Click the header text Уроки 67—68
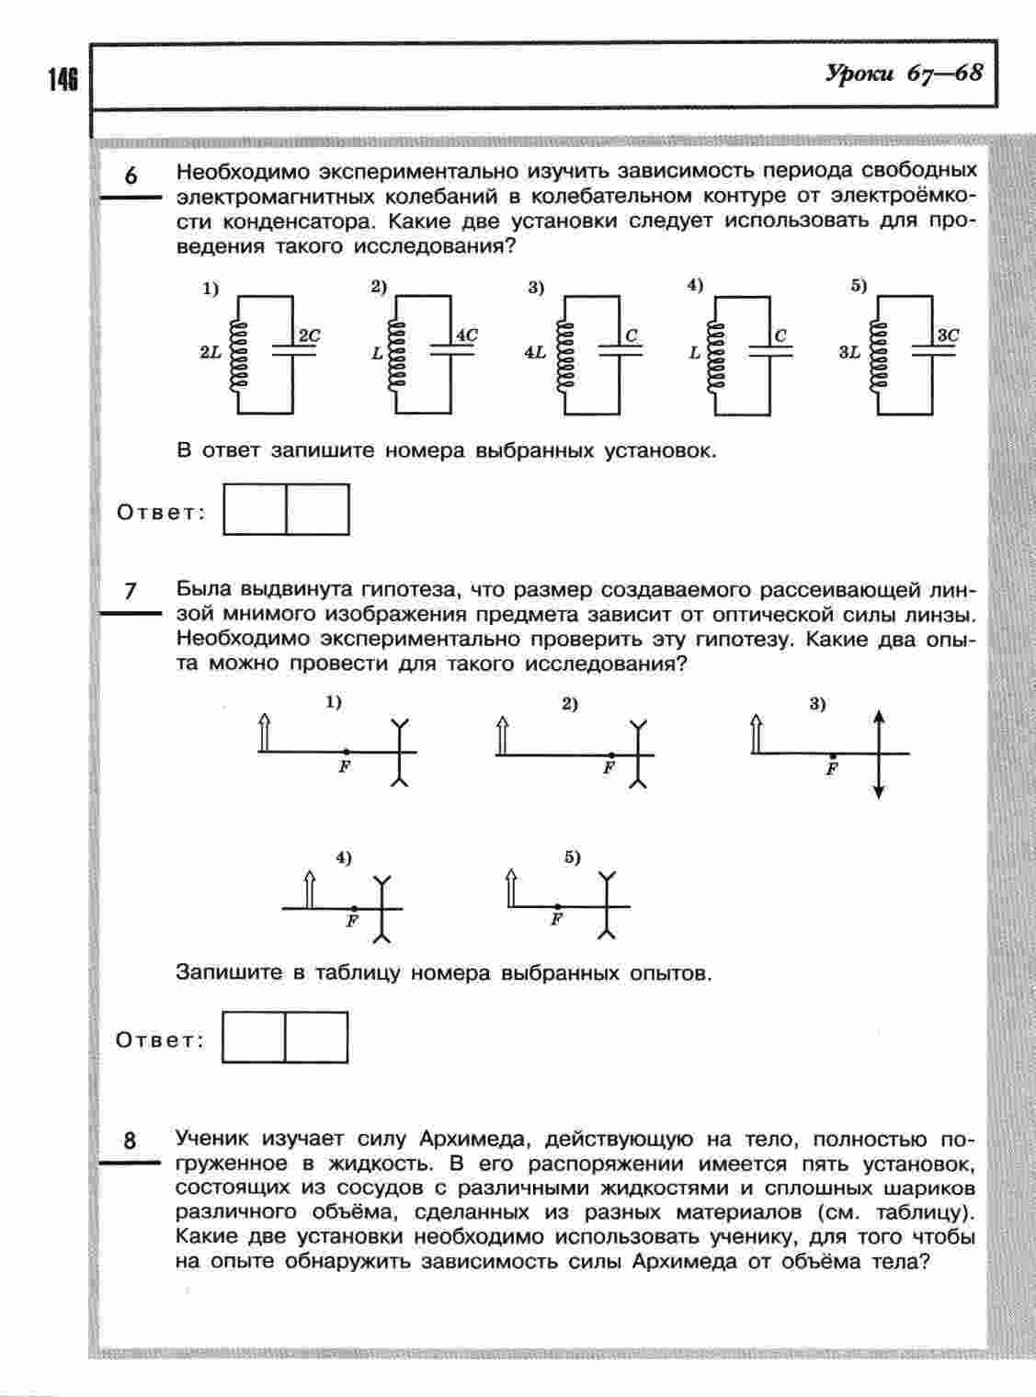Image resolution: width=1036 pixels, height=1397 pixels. (904, 74)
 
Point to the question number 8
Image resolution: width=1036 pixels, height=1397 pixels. (130, 1141)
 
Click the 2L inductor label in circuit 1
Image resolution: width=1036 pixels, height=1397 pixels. (211, 352)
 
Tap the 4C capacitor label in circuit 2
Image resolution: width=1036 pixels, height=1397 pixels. (467, 336)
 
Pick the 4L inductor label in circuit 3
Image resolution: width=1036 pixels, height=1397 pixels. (535, 352)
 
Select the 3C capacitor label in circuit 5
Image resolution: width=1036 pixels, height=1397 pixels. (947, 336)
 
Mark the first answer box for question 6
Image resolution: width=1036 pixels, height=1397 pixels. (255, 509)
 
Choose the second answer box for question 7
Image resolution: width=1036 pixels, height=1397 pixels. (316, 1038)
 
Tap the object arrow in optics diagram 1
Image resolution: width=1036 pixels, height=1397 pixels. (265, 732)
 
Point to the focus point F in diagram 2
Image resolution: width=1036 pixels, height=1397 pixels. (609, 755)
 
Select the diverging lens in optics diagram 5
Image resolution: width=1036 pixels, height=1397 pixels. (605, 905)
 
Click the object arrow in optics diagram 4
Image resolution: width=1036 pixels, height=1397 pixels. (310, 888)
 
